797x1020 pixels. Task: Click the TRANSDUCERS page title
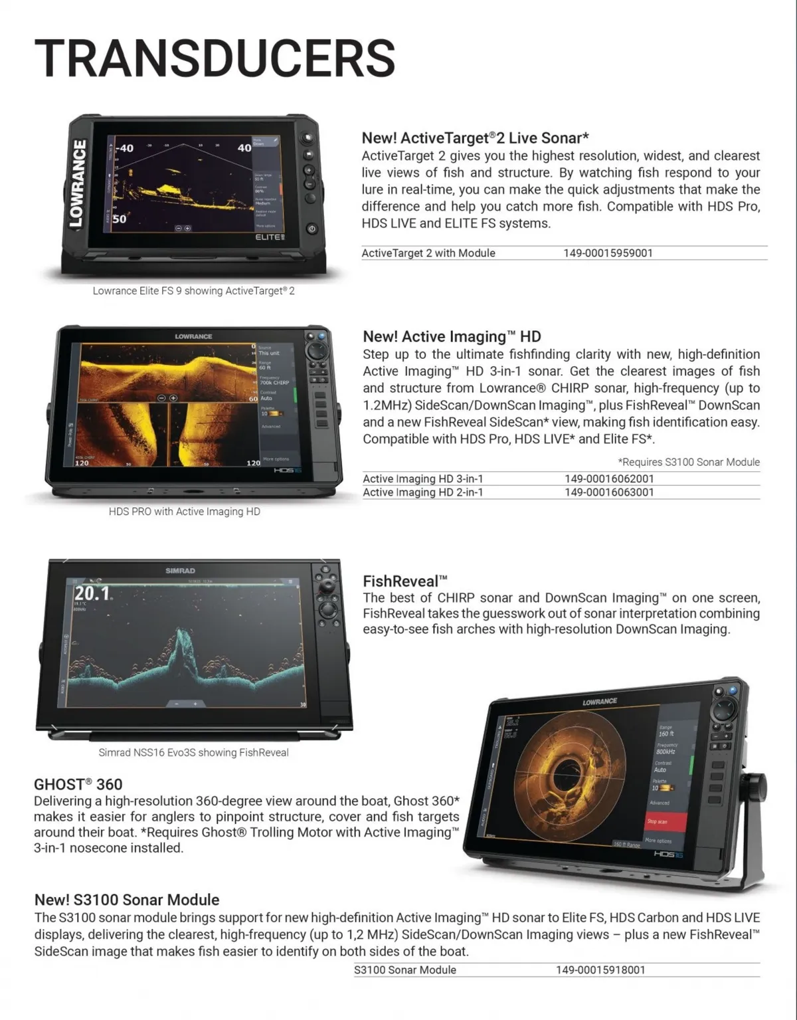(215, 58)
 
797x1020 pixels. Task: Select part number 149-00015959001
(608, 253)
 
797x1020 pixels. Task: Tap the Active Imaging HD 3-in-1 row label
(422, 478)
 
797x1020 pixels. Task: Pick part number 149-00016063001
(609, 492)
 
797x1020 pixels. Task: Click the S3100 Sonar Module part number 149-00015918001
(600, 969)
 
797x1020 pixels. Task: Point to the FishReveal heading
(405, 581)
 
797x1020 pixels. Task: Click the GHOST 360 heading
(78, 784)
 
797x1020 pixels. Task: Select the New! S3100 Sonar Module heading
(127, 900)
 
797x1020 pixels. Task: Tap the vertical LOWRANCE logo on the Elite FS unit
(78, 183)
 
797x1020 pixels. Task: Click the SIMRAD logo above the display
(180, 571)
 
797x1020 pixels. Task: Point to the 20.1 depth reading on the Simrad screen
(92, 593)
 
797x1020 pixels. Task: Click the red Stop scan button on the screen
(666, 821)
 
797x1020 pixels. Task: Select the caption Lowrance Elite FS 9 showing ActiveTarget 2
(193, 291)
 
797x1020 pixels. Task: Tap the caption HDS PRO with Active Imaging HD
(185, 512)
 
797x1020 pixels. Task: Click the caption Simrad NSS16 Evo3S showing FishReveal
(193, 752)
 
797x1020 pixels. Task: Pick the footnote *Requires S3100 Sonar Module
(689, 462)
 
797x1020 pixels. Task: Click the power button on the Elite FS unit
(311, 229)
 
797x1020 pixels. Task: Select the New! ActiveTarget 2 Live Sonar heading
(475, 138)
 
